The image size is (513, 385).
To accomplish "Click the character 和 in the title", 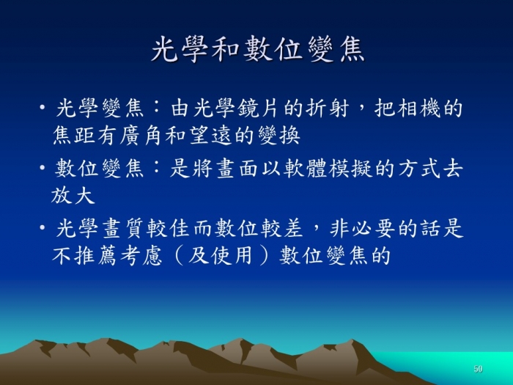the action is pos(226,49).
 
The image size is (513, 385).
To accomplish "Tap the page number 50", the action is pos(478,369).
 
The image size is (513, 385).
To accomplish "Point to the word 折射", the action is pos(327,108).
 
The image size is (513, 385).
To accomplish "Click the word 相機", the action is pos(418,108).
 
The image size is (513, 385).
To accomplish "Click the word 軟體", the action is pos(306,169).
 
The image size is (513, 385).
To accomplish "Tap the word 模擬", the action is pos(351,169).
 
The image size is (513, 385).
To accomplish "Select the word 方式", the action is pos(420,169).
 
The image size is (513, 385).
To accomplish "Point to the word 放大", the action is pos(73,196).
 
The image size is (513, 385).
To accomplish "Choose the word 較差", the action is pos(282,228).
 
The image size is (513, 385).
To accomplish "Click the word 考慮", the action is pos(141,255).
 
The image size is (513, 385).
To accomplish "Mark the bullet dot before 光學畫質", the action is pos(43,227).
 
